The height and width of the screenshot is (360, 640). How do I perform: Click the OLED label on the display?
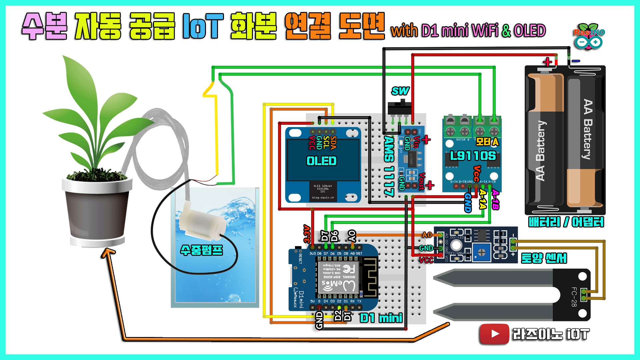[x=321, y=161]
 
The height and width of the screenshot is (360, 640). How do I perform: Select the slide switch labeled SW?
[x=399, y=108]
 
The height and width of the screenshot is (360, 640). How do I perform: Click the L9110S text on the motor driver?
[x=473, y=156]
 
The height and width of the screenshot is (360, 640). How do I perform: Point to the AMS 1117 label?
[x=389, y=165]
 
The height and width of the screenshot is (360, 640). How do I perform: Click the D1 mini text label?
[x=381, y=318]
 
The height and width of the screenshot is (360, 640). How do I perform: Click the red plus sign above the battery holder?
[x=547, y=62]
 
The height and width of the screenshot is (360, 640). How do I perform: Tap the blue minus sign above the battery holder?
[x=576, y=61]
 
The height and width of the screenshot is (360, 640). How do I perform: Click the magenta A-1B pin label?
[x=495, y=200]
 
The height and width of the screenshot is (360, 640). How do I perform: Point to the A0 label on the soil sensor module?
[x=427, y=235]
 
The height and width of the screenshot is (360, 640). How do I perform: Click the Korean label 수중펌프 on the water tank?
[x=201, y=250]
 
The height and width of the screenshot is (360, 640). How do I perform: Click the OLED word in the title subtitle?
[x=530, y=31]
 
